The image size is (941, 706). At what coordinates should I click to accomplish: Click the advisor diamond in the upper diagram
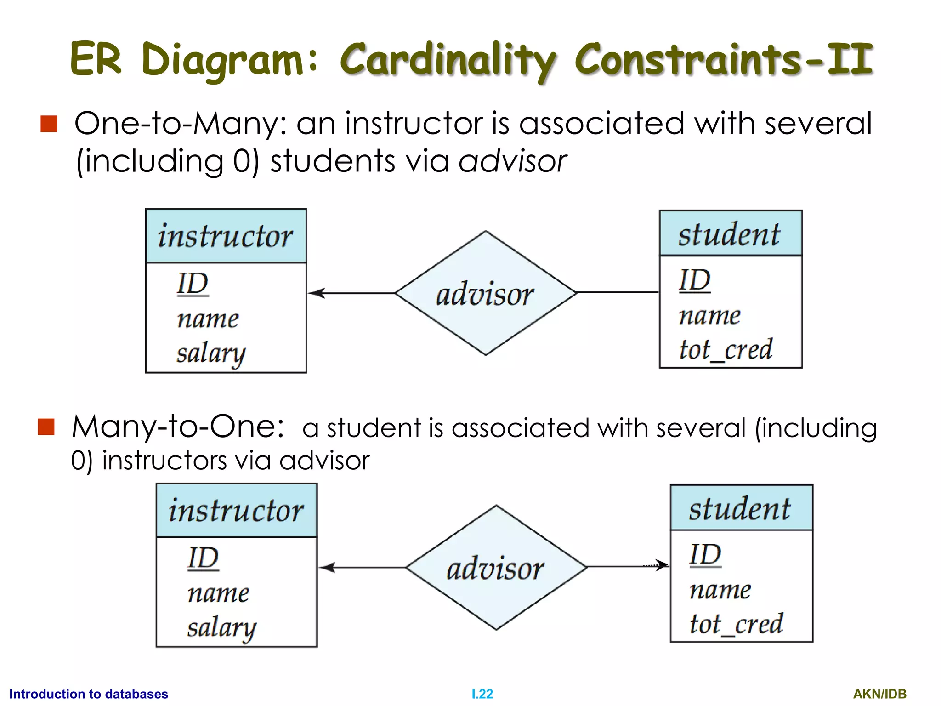tap(486, 293)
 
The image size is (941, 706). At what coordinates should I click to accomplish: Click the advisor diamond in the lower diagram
tap(496, 568)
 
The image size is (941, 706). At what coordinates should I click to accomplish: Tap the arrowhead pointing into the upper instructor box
tap(316, 293)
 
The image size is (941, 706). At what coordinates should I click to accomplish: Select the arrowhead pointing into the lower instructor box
tap(327, 568)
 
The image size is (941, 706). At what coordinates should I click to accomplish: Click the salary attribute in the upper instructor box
tap(211, 354)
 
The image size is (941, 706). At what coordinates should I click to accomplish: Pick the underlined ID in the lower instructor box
tap(203, 558)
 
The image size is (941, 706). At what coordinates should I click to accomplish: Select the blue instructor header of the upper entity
tap(226, 236)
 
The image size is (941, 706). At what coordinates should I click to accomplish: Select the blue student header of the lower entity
tap(741, 508)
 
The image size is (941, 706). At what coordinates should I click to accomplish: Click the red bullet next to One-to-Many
tap(49, 124)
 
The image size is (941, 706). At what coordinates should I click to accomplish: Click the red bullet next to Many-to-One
tap(46, 427)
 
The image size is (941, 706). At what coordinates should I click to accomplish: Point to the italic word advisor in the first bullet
tap(512, 162)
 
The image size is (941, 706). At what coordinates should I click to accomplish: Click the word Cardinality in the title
tap(448, 60)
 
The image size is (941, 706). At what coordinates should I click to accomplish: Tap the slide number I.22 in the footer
tap(482, 694)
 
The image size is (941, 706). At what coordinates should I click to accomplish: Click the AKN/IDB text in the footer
tap(879, 694)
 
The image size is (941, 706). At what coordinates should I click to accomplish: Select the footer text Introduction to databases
tap(89, 694)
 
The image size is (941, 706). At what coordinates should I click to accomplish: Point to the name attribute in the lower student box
tap(720, 590)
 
